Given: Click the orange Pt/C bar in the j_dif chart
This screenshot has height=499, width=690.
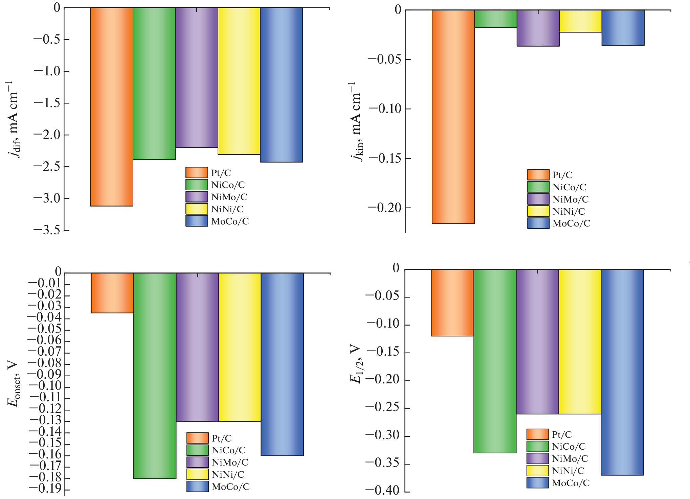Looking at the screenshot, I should coord(111,106).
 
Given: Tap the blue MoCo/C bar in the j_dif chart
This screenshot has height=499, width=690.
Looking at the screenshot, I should coord(282,85).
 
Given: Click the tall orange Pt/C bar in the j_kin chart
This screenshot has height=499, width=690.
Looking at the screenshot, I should coord(453,117).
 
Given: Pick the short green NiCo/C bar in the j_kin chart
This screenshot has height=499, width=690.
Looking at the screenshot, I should coord(496,19).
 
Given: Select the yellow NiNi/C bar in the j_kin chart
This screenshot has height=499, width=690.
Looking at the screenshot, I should coord(580,21).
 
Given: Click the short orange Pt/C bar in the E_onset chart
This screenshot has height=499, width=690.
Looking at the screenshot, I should coord(112,293).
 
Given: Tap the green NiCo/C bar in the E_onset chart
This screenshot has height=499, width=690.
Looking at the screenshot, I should coord(155,375).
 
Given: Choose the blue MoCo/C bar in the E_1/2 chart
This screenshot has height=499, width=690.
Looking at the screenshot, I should coord(622,372).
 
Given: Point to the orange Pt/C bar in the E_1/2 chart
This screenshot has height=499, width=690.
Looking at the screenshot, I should coord(452,303).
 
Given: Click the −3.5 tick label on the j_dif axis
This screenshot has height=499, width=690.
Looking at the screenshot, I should coord(47,230).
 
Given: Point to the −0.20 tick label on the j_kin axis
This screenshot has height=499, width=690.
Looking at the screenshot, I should coord(385,208).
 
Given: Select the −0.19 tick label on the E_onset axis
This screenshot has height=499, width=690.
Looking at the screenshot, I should coord(45,489).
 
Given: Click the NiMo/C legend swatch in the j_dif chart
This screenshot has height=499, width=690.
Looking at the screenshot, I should coord(197,197).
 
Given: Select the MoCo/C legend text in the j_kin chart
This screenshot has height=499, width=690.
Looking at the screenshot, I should coord(571,223).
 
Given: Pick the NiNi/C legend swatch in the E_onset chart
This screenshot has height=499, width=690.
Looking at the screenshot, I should coord(197,474).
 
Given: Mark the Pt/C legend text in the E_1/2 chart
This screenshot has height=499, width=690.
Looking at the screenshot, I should coord(562,435).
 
